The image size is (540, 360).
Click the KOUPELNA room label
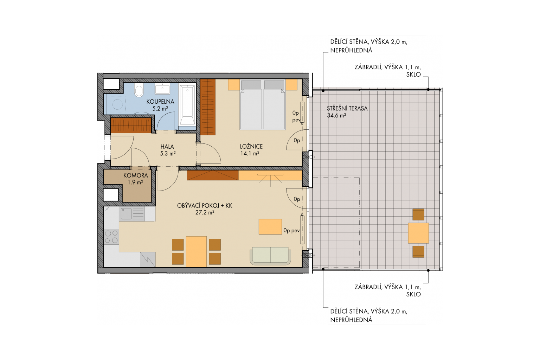pyautogui.click(x=160, y=102)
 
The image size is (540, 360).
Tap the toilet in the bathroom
pyautogui.click(x=139, y=90)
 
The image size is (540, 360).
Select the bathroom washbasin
pyautogui.click(x=162, y=89)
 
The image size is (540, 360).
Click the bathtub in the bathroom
pyautogui.click(x=187, y=105)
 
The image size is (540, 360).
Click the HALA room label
pyautogui.click(x=167, y=147)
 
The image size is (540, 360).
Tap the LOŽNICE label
pyautogui.click(x=251, y=146)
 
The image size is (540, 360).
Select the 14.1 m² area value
pyautogui.click(x=250, y=153)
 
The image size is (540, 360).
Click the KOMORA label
pyautogui.click(x=135, y=175)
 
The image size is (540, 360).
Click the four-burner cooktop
pyautogui.click(x=111, y=237)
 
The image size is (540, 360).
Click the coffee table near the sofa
pyautogui.click(x=270, y=227)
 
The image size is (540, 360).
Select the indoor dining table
pyautogui.click(x=196, y=251)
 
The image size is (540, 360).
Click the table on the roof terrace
pyautogui.click(x=418, y=233)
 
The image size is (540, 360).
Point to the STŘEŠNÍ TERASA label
pyautogui.click(x=347, y=109)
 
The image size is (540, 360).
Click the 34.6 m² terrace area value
pyautogui.click(x=336, y=116)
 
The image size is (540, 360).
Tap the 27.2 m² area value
pyautogui.click(x=205, y=213)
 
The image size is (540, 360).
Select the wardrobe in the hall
pyautogui.click(x=131, y=125)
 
